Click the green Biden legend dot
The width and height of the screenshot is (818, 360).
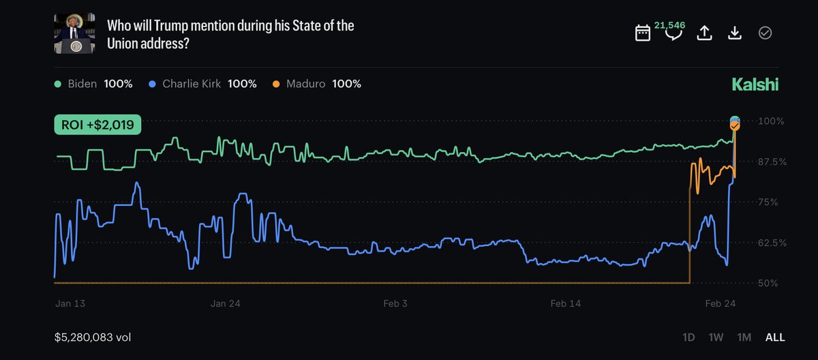pyautogui.click(x=57, y=84)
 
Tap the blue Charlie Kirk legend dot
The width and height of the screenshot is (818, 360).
pyautogui.click(x=152, y=84)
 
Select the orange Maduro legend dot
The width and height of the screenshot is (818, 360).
pyautogui.click(x=276, y=84)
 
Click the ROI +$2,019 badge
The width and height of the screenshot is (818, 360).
pyautogui.click(x=97, y=125)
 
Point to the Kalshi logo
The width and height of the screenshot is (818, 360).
pyautogui.click(x=755, y=85)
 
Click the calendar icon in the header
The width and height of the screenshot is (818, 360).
pyautogui.click(x=643, y=33)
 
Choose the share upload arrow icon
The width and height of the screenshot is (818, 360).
pyautogui.click(x=704, y=33)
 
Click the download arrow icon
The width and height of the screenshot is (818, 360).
pyautogui.click(x=735, y=33)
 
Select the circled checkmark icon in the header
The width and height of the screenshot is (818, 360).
pyautogui.click(x=765, y=33)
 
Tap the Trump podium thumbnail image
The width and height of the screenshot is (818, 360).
pyautogui.click(x=74, y=33)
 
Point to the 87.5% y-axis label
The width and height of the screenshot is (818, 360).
pyautogui.click(x=772, y=162)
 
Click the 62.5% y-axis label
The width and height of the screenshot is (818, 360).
pyautogui.click(x=772, y=243)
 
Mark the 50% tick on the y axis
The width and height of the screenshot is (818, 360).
pyautogui.click(x=768, y=283)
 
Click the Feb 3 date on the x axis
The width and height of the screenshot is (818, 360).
pyautogui.click(x=395, y=303)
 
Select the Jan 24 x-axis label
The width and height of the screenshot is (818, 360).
pyautogui.click(x=226, y=303)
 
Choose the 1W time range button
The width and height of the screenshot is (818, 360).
pyautogui.click(x=716, y=337)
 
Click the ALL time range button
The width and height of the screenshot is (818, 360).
pyautogui.click(x=775, y=337)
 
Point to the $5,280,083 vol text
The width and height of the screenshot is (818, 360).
pyautogui.click(x=93, y=337)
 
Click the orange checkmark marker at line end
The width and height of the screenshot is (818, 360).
pyautogui.click(x=735, y=125)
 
